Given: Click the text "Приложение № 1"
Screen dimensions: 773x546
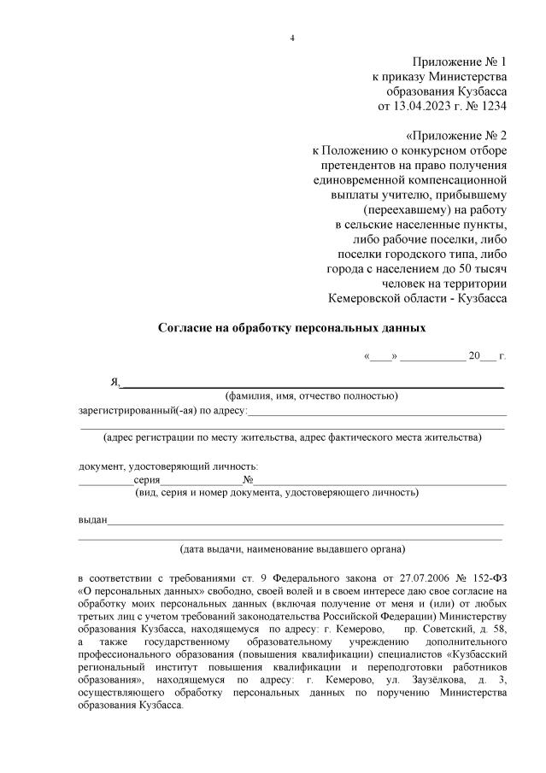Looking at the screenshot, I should pos(459,62).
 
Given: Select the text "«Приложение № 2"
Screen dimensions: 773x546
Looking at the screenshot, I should pos(455,136).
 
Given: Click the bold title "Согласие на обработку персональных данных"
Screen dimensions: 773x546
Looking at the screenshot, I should pos(291,328).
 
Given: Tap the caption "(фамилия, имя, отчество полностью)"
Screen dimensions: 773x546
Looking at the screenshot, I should pos(311,396).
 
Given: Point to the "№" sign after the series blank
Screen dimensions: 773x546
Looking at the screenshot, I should pos(248,479).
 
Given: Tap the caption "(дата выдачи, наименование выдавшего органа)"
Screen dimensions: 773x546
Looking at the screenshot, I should pos(292,548).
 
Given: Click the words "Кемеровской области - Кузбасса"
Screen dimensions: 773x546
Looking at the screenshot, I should pos(417,298).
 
